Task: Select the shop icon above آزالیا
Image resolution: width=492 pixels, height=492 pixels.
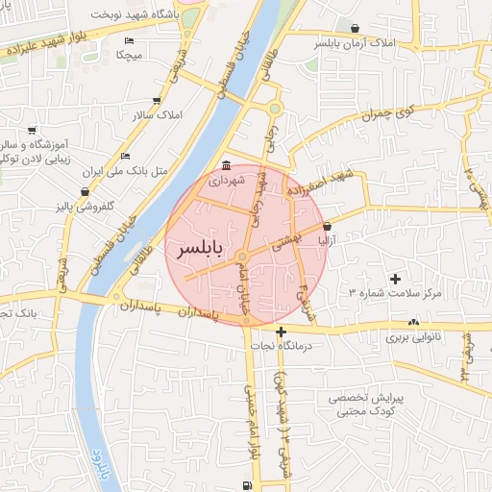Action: [328, 228]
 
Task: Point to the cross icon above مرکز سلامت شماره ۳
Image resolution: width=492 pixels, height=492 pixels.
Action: [395, 279]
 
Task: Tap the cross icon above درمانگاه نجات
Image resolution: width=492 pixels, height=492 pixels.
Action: [281, 332]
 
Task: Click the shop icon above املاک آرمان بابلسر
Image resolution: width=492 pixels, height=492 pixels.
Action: [356, 29]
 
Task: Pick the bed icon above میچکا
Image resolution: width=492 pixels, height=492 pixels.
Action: [130, 41]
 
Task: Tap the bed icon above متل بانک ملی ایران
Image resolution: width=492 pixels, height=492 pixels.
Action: [125, 156]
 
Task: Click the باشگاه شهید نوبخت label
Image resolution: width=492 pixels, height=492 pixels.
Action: [131, 16]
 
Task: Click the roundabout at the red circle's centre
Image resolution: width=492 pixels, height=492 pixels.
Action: [243, 255]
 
